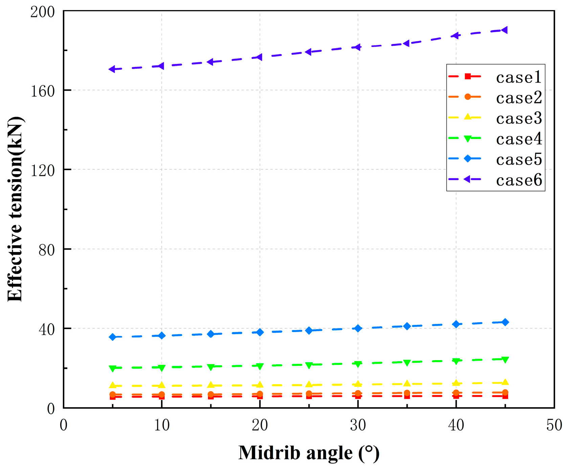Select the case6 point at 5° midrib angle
pyautogui.click(x=112, y=69)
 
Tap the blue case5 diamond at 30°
pyautogui.click(x=358, y=328)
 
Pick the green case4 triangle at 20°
pyautogui.click(x=260, y=366)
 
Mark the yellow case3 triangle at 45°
pyautogui.click(x=505, y=382)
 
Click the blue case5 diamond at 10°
pyautogui.click(x=162, y=336)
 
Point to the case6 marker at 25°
pyautogui.click(x=309, y=52)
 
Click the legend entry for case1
pyautogui.click(x=519, y=77)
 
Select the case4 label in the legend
pyautogui.click(x=519, y=139)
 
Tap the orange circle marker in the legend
pyautogui.click(x=468, y=97)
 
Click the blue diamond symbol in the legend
pyautogui.click(x=468, y=159)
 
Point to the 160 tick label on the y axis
pyautogui.click(x=43, y=91)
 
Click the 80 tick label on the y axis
pyautogui.click(x=47, y=250)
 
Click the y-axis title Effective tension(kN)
pyautogui.click(x=15, y=209)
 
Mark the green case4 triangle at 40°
pyautogui.click(x=456, y=361)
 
